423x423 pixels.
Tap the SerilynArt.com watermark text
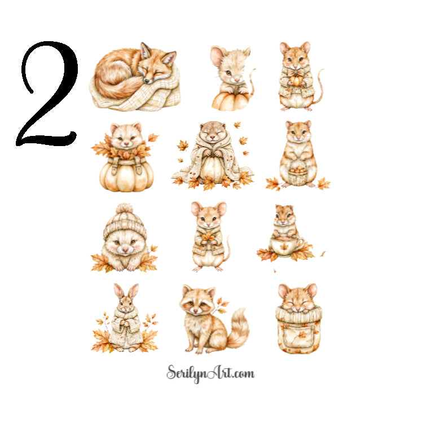pos(210,373)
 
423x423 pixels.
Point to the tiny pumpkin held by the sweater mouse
pos(296,81)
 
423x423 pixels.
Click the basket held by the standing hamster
pos(298,175)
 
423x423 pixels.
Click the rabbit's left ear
pos(119,291)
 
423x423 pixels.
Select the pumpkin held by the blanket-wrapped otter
pos(213,168)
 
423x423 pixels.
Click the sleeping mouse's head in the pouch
pos(298,298)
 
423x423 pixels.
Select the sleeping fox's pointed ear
pos(168,56)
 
